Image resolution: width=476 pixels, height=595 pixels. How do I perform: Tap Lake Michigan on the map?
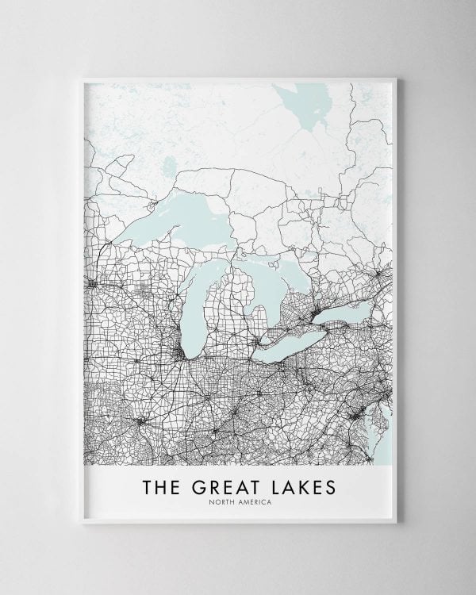[192, 309]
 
